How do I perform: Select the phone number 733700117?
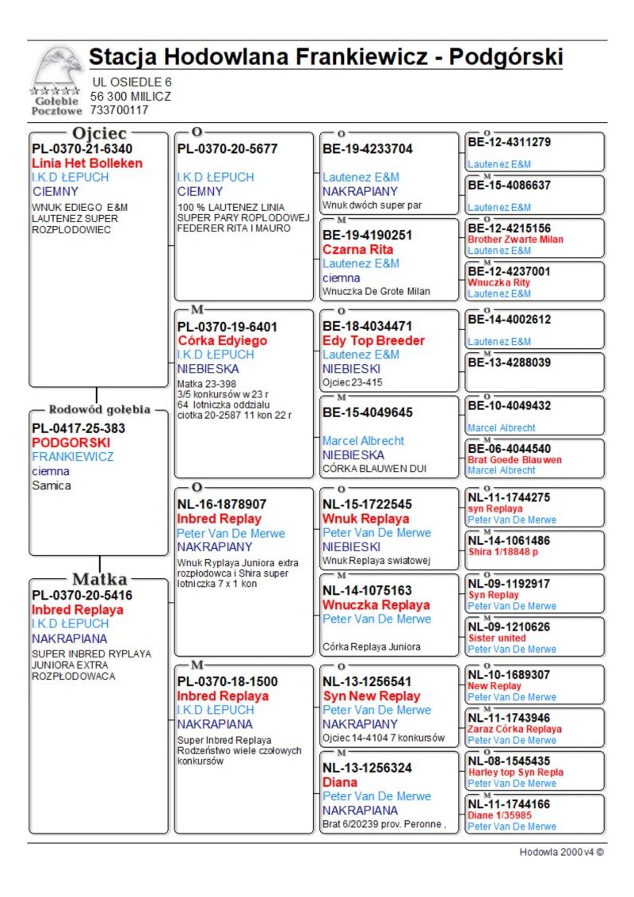(119, 110)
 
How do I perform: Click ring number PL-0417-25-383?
(78, 428)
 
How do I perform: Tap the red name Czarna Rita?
(358, 249)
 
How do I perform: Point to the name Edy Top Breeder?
(373, 340)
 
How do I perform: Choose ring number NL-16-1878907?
(222, 504)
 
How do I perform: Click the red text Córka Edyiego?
(223, 340)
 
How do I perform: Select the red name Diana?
(340, 782)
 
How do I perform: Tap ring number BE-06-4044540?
(509, 449)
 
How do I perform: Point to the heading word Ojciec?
(100, 133)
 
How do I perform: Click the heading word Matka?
(100, 578)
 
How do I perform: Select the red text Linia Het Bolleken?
(87, 163)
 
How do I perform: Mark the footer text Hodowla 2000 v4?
(561, 852)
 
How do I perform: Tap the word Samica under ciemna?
(52, 485)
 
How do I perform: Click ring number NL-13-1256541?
(367, 681)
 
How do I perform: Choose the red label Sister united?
(497, 638)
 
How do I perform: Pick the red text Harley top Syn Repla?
(516, 772)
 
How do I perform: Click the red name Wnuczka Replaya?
(376, 604)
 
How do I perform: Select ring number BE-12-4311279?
(509, 143)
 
